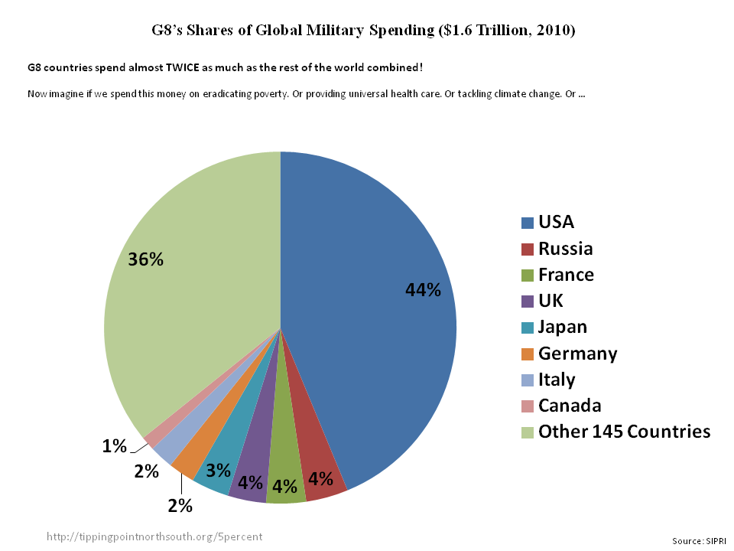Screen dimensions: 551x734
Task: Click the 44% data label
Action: coord(423,290)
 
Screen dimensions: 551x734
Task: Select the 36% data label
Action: coord(146,259)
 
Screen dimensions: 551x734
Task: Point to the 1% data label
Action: coord(114,446)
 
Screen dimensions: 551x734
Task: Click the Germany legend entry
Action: coord(577,354)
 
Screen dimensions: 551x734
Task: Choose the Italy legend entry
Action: coord(557,380)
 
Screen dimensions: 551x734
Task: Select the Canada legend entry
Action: coord(570,406)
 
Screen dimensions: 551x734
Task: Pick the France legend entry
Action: coord(566,275)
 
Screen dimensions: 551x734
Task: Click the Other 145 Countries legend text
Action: coord(624,432)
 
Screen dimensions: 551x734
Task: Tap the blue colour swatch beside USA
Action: coord(528,223)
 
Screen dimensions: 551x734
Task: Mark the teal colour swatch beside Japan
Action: coord(528,328)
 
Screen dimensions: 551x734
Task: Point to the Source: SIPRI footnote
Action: coord(700,541)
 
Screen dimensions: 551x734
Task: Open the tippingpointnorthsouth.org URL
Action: coord(154,536)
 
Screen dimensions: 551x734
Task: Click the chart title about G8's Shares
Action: coord(363,31)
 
